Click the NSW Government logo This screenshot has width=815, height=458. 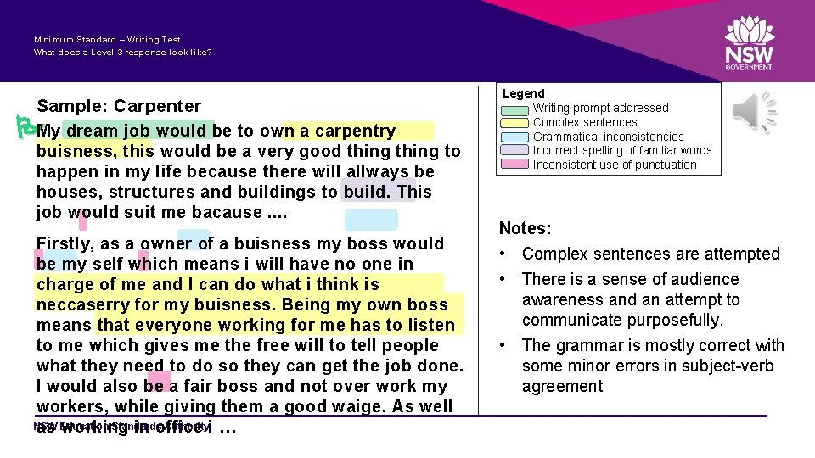click(x=749, y=43)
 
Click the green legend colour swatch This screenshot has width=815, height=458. click(x=514, y=109)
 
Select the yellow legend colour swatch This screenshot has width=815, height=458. click(x=514, y=123)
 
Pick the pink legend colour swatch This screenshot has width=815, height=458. click(x=514, y=165)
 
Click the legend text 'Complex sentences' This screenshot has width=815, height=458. click(x=584, y=122)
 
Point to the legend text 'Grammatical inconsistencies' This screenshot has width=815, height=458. click(x=608, y=137)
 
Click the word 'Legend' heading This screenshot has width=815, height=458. click(x=524, y=93)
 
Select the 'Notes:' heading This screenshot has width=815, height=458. click(x=526, y=228)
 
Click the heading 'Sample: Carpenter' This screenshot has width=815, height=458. click(x=119, y=106)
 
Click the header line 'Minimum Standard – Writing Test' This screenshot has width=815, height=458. click(x=107, y=40)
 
